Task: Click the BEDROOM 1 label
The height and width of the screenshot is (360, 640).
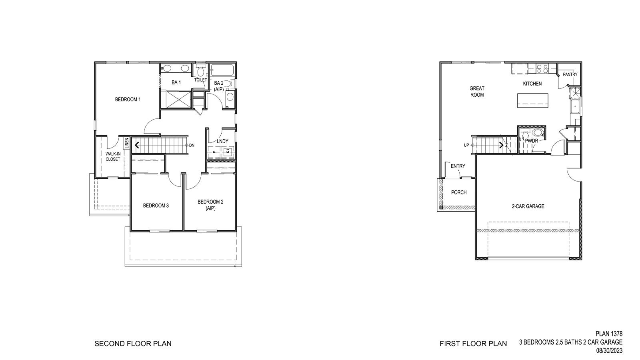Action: coord(128,99)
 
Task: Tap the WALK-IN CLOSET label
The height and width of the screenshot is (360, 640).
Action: coord(113,156)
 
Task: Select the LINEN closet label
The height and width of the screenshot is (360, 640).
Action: coord(127,143)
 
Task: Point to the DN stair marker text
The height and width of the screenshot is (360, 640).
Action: coord(192,145)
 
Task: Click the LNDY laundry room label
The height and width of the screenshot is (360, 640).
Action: coord(222,141)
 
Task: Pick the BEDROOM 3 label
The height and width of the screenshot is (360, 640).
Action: coord(156,206)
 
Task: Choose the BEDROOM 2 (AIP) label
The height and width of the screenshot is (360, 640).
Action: coord(210,205)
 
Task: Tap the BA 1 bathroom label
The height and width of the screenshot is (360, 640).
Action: coord(176,82)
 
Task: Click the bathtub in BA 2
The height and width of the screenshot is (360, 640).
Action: coord(223,70)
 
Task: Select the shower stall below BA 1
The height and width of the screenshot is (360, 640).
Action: coord(176,99)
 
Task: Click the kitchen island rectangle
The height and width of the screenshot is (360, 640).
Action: coord(533,100)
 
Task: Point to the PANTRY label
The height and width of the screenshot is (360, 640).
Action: coord(570,74)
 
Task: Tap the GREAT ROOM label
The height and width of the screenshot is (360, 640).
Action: coord(477,92)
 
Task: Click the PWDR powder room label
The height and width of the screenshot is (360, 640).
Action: coord(532,141)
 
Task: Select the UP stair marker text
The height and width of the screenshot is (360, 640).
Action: coord(466,145)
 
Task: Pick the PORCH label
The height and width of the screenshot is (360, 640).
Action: coord(459,192)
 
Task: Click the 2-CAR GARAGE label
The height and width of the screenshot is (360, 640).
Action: coord(528,206)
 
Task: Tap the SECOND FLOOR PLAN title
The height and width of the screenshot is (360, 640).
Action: coord(133,343)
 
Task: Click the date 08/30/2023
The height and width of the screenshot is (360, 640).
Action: coord(610,351)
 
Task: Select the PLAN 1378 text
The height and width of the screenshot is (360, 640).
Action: coord(609,334)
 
